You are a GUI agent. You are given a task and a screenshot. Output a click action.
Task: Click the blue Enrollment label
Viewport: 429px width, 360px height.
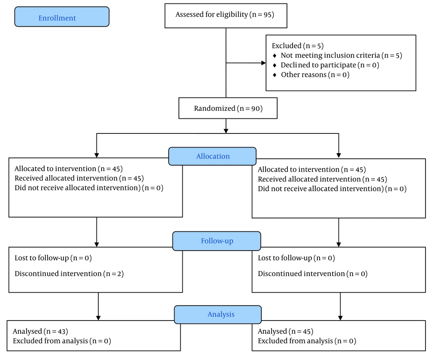click(62, 17)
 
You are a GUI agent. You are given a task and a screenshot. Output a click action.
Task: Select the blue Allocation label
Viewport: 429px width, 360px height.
click(212, 156)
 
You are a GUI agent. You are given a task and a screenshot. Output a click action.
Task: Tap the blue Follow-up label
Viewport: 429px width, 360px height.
click(217, 241)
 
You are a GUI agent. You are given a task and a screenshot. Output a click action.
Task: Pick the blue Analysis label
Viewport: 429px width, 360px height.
click(218, 315)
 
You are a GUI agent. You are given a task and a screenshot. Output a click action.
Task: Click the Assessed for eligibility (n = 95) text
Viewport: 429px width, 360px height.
click(225, 15)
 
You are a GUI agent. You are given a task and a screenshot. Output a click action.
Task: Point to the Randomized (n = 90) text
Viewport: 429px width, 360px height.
click(228, 109)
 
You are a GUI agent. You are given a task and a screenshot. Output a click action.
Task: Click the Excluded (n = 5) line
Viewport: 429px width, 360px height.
click(298, 45)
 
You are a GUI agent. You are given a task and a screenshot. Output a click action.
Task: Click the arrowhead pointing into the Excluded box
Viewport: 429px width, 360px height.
click(263, 63)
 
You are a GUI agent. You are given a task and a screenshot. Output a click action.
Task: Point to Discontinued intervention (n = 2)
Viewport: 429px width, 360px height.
click(69, 274)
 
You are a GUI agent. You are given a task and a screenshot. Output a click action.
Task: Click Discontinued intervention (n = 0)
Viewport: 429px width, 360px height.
click(312, 274)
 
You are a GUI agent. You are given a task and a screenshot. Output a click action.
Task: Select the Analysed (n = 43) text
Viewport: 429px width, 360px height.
click(40, 331)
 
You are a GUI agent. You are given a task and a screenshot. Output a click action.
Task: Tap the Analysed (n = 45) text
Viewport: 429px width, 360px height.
click(285, 331)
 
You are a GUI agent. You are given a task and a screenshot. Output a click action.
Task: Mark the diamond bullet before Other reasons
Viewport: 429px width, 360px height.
click(275, 75)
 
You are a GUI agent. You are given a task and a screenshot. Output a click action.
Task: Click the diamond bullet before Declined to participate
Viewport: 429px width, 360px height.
click(275, 65)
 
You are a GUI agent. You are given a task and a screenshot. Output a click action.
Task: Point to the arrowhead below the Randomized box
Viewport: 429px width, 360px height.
click(226, 131)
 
